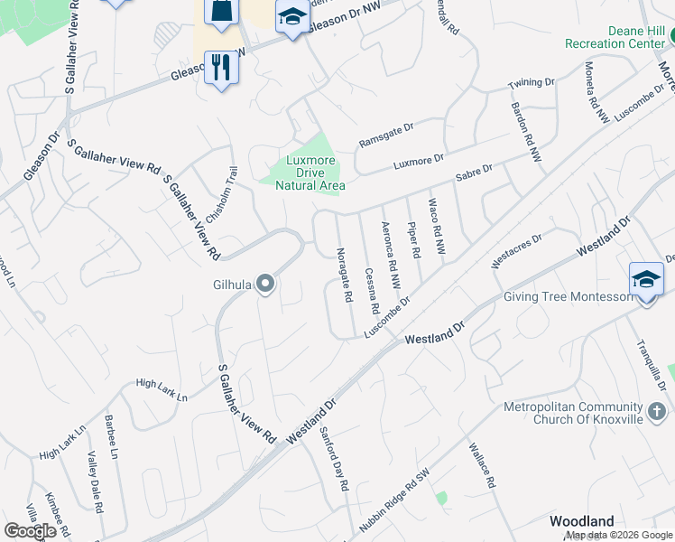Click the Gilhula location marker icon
[x=265, y=285]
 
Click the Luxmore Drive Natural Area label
[x=303, y=173]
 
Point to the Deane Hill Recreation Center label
[x=615, y=37]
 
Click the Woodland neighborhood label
[x=582, y=521]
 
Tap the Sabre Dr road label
[x=474, y=173]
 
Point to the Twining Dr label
[x=531, y=83]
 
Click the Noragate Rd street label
[x=343, y=275]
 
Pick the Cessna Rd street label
[x=371, y=290]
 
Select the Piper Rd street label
[x=414, y=241]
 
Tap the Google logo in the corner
[x=30, y=530]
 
